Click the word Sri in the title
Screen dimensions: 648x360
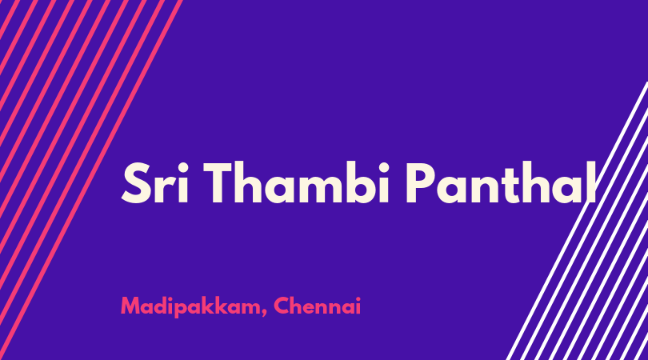pyautogui.click(x=155, y=182)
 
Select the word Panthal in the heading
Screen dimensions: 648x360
pyautogui.click(x=501, y=182)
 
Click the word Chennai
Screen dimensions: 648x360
pyautogui.click(x=317, y=306)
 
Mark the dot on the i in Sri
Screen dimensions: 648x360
pyautogui.click(x=182, y=168)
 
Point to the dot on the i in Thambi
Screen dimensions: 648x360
pyautogui.click(x=383, y=168)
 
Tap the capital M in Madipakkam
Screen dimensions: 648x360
pyautogui.click(x=130, y=306)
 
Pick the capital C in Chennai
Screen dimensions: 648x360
pyautogui.click(x=282, y=306)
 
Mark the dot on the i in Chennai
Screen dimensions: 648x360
pyautogui.click(x=358, y=299)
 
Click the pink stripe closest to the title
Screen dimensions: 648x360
pyautogui.click(x=91, y=180)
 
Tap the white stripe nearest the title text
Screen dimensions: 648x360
pyautogui.click(x=577, y=221)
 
